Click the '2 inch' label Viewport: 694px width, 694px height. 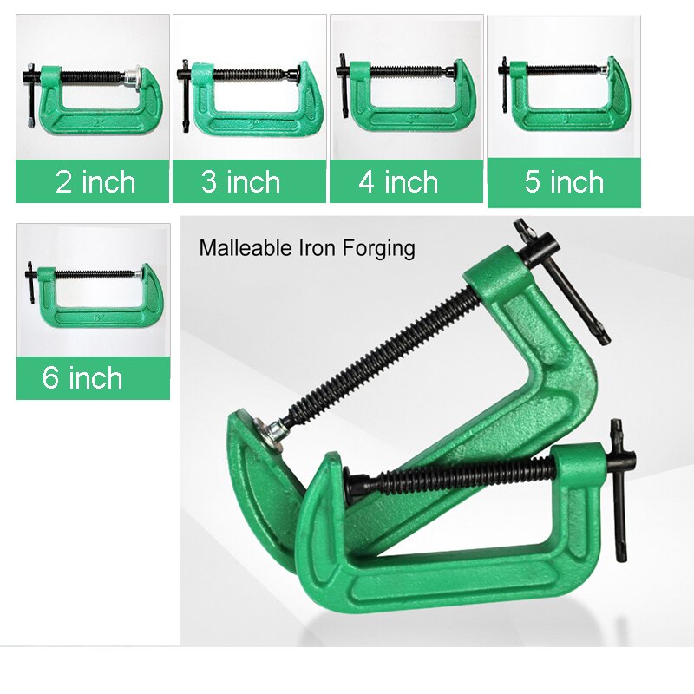[95, 182]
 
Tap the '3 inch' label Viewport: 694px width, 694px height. [241, 182]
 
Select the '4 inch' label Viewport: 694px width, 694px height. [398, 182]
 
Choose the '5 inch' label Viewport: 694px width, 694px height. [564, 182]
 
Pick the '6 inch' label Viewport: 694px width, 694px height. [82, 378]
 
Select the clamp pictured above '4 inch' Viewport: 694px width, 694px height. [403, 95]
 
